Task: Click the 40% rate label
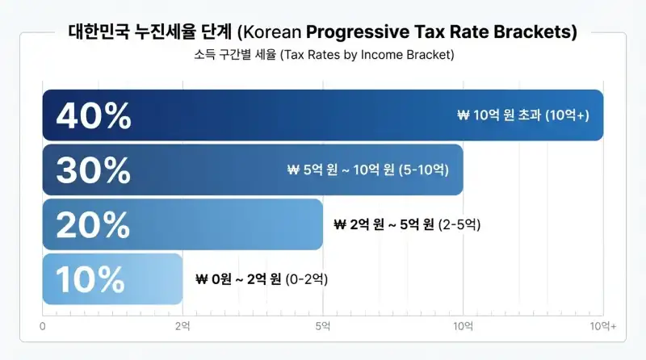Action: (94, 116)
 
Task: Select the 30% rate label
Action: (93, 170)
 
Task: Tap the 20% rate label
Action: (93, 224)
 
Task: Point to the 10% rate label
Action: (90, 279)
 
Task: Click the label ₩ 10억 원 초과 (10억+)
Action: (523, 115)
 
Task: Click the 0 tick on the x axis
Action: (43, 326)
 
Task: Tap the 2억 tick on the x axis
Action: (182, 326)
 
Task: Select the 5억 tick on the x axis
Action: (322, 326)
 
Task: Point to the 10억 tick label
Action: (463, 326)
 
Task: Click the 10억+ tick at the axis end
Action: (602, 326)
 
